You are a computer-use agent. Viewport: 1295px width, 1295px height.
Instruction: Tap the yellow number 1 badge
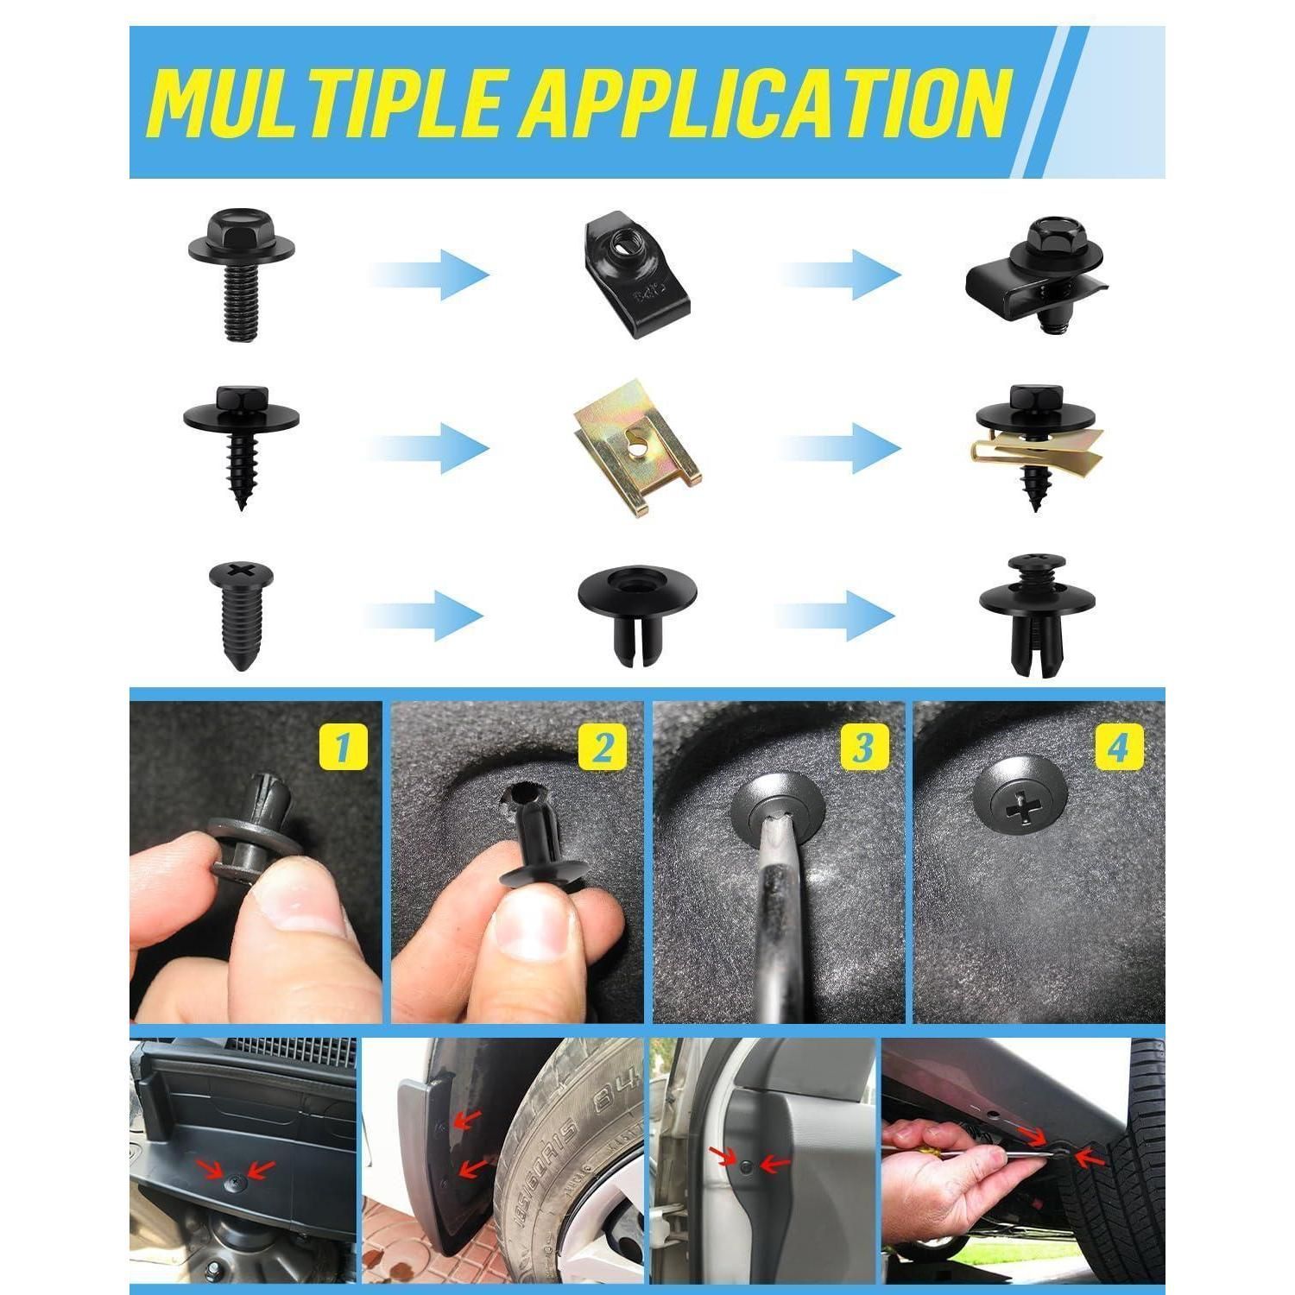(x=344, y=747)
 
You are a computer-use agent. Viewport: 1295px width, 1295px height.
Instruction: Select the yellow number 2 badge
(x=602, y=747)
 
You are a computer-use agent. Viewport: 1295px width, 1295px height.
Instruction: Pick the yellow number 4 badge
(x=1120, y=747)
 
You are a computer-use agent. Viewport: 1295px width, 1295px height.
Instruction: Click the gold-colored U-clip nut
(x=637, y=449)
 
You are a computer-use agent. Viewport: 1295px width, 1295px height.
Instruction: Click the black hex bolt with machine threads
(x=242, y=275)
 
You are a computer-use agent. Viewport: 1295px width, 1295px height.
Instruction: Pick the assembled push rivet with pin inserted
(x=1037, y=615)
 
